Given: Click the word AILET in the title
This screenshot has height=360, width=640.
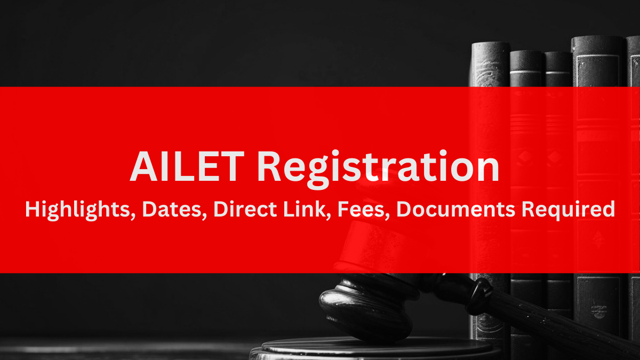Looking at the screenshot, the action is pos(187,166).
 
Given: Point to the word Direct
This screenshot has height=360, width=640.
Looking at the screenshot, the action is pos(245,209).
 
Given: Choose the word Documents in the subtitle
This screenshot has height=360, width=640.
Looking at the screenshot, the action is pos(456,209).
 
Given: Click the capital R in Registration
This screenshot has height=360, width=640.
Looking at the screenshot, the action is pos(269,166).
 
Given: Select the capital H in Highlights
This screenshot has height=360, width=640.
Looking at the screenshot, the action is pos(33,209).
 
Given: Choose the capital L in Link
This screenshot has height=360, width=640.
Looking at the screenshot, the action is pos(289,209).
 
